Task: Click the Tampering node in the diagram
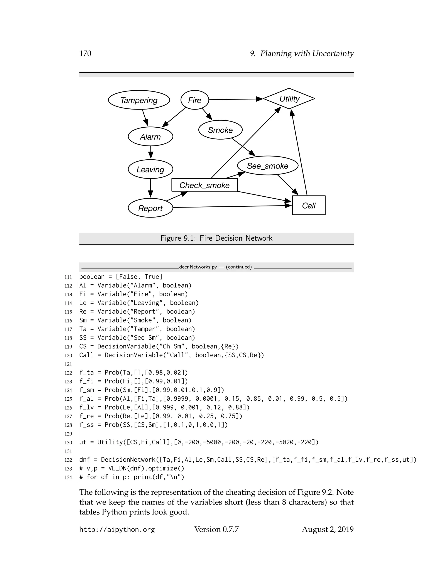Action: tap(139, 100)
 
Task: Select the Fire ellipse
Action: tap(195, 100)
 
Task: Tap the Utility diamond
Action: tap(289, 99)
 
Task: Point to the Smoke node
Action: tap(220, 130)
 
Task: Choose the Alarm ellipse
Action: tap(150, 137)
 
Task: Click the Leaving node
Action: tap(150, 169)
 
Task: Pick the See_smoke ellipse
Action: tap(268, 166)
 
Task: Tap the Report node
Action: tap(150, 208)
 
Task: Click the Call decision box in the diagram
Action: tap(309, 205)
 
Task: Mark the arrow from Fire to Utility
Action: tap(235, 99)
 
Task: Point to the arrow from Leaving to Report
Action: tap(151, 188)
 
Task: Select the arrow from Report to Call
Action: tap(233, 207)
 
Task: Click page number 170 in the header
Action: tap(85, 53)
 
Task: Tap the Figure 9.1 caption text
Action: tap(216, 238)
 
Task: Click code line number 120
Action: tap(68, 355)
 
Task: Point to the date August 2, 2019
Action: tap(328, 529)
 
